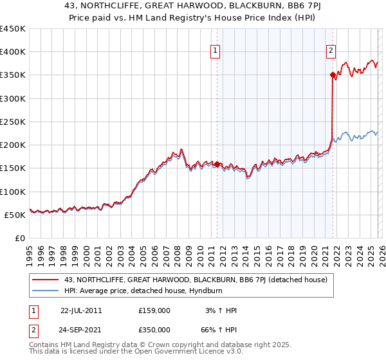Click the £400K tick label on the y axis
click(13, 52)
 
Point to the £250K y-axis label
click(13, 122)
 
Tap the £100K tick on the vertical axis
click(13, 192)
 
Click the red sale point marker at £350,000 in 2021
click(333, 75)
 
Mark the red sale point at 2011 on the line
click(217, 164)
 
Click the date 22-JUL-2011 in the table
click(81, 310)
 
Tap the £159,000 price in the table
click(154, 310)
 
